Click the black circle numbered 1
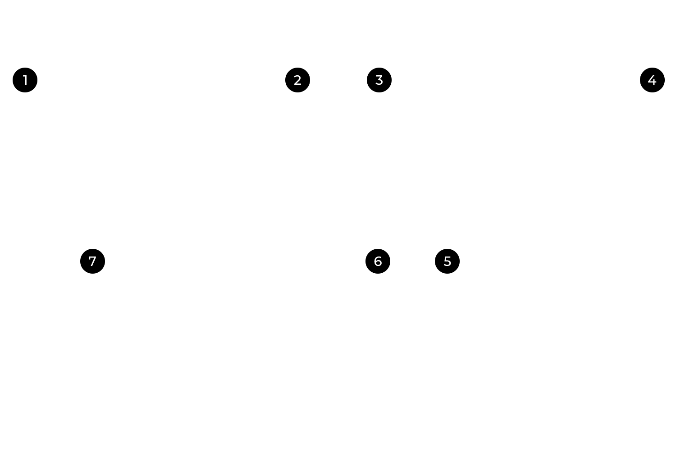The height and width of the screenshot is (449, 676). point(25,80)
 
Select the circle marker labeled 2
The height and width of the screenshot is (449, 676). point(297,80)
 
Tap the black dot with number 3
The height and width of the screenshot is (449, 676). point(379,80)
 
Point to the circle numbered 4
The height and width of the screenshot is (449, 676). point(652,80)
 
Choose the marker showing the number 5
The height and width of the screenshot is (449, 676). point(447,261)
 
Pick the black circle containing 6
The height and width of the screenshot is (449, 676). point(378,261)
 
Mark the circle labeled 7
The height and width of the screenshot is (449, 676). point(92,261)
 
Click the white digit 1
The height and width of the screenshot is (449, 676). point(25,80)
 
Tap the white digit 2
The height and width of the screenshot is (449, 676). point(297,80)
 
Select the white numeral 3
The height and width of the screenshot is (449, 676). point(379,80)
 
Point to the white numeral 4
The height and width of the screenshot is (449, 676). point(652,80)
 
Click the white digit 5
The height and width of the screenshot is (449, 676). point(447,261)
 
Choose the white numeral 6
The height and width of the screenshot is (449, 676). point(378,261)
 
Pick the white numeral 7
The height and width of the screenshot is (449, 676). point(92,261)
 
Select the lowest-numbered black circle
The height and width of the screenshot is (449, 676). point(25,80)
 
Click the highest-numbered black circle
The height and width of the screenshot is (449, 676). point(92,261)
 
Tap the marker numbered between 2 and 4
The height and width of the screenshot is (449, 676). point(379,80)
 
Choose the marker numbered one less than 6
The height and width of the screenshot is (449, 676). point(447,261)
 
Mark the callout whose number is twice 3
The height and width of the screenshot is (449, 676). point(378,261)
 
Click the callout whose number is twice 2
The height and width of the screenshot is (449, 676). point(652,80)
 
